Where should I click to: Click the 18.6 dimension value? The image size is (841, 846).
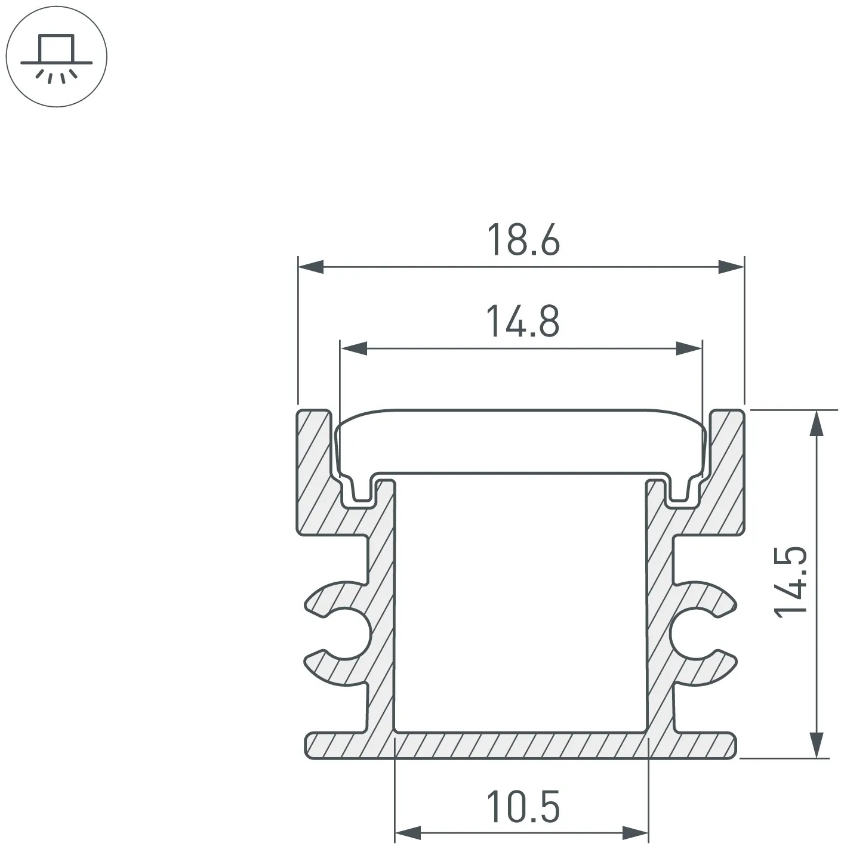(x=523, y=240)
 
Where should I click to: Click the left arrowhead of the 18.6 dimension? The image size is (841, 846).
(x=310, y=267)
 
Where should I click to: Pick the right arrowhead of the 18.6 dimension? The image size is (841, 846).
(x=731, y=267)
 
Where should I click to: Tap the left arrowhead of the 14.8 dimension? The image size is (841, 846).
(x=353, y=348)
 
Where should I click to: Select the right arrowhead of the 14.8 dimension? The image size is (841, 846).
(x=689, y=348)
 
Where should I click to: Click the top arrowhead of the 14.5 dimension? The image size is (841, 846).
(x=816, y=423)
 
